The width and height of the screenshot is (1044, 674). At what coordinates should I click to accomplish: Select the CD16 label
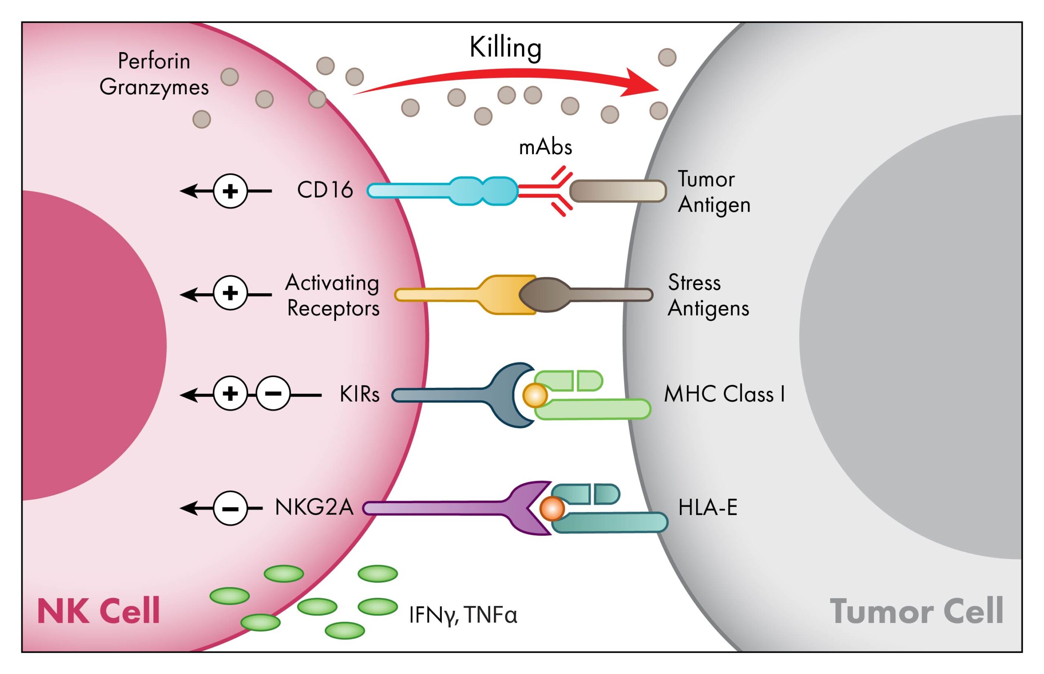(325, 190)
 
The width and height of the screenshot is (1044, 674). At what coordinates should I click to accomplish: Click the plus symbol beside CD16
(230, 191)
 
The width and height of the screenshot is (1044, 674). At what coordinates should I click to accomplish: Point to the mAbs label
(545, 147)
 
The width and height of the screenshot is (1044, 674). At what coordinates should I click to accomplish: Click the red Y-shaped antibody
(547, 191)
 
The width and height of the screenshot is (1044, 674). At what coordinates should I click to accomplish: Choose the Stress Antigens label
(708, 296)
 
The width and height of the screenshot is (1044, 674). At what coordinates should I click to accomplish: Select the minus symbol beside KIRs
(273, 394)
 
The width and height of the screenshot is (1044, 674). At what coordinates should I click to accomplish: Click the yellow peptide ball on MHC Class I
(535, 395)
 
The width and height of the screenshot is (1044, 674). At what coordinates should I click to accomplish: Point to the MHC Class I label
(724, 394)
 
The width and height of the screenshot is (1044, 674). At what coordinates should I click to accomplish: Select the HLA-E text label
(708, 508)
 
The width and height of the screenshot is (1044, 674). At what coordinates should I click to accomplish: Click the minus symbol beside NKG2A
(230, 508)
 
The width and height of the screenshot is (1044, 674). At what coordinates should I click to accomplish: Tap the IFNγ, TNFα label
(463, 615)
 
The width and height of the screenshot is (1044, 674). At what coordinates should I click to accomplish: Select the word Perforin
(154, 61)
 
